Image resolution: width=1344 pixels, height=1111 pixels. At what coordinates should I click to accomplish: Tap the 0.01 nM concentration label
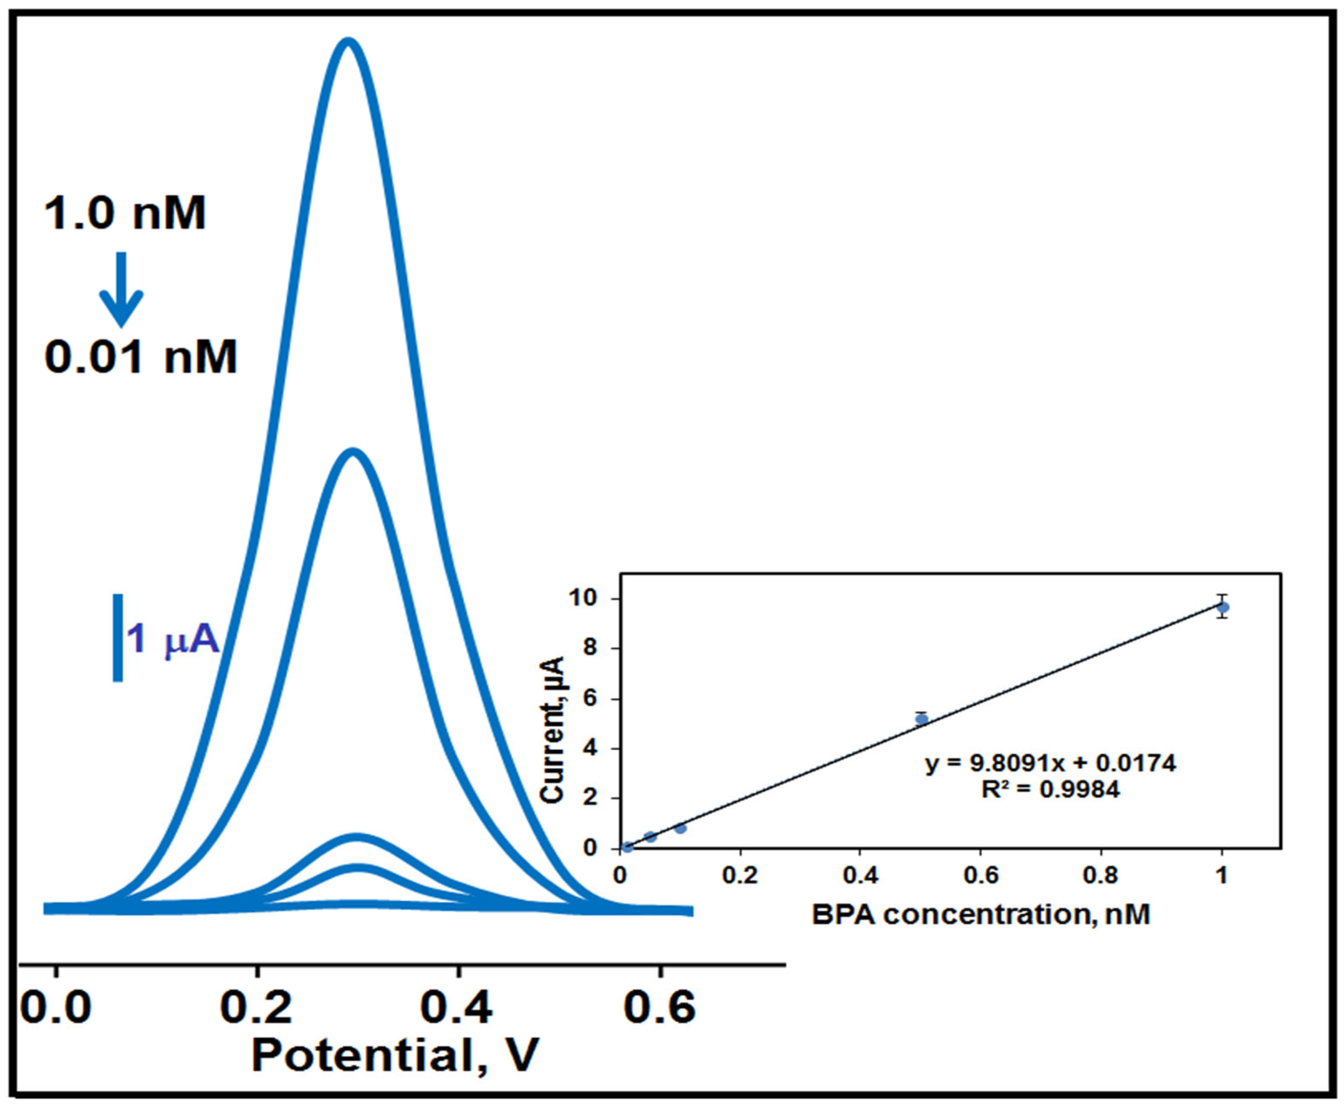[141, 357]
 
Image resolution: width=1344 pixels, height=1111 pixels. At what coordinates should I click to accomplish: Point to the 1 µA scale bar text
[173, 639]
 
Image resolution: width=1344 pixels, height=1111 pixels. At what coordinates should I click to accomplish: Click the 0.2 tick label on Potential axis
[256, 1007]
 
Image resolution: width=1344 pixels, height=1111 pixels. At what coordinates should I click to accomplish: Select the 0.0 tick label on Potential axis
[56, 1007]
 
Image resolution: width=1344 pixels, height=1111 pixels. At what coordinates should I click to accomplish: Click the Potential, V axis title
[395, 1055]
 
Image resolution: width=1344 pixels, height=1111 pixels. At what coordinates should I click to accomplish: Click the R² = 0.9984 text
[1050, 790]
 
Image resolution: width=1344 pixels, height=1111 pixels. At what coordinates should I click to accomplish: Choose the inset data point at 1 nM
[1222, 607]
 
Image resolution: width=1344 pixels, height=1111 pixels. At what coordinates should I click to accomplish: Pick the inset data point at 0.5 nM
[921, 719]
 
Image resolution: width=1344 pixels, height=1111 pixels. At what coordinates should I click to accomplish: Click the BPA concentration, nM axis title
[981, 914]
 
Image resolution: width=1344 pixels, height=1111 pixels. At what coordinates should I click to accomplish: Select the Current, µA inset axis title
[551, 729]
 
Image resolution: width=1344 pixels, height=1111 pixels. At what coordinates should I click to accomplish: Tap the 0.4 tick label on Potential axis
[457, 1007]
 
